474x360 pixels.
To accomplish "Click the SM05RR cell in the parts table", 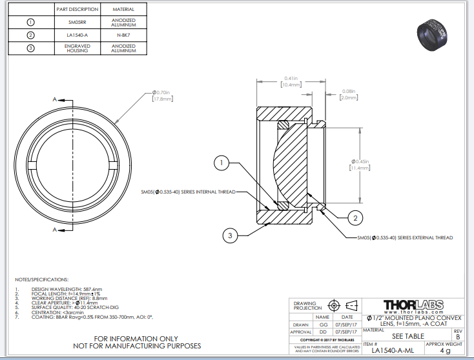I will coord(77,23).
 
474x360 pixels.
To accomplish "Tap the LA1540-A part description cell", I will coord(77,35).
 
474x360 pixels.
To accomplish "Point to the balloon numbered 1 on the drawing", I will coord(222,163).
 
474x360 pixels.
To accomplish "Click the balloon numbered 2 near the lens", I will coord(354,218).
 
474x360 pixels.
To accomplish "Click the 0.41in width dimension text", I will coord(291,82).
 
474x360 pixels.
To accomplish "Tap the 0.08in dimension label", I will coord(349,94).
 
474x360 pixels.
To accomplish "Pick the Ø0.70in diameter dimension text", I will coord(162,95).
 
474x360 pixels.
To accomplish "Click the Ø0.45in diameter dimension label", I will coord(359,164).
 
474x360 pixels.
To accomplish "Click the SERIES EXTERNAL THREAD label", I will coord(405,238).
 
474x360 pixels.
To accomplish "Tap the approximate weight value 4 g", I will coord(445,351).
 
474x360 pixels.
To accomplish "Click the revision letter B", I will coord(458,336).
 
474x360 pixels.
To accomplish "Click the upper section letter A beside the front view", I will coord(55,99).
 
